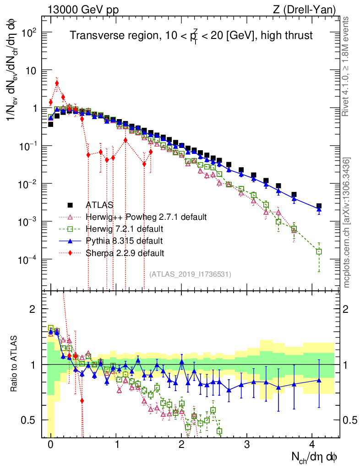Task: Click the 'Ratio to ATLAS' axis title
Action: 15,365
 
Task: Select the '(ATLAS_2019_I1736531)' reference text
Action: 190,274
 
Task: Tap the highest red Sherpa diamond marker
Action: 57,83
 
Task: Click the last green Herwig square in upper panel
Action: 319,251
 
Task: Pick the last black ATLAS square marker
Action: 319,206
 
